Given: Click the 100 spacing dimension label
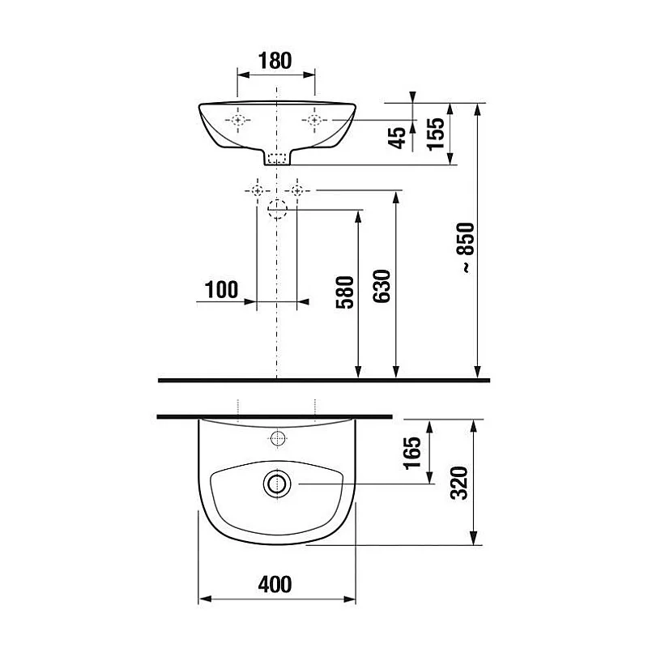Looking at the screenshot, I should (x=221, y=288).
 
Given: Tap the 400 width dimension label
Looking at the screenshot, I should (x=276, y=582).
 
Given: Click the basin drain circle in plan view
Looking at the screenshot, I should (x=276, y=484).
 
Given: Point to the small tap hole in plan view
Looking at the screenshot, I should (x=277, y=440).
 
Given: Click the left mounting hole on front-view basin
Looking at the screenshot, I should (x=238, y=121).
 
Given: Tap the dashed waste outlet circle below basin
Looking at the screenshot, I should (x=277, y=209).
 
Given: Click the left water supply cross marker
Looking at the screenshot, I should (x=257, y=190).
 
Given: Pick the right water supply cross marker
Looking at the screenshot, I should (x=297, y=190).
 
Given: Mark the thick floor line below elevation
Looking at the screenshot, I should (x=324, y=380).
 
